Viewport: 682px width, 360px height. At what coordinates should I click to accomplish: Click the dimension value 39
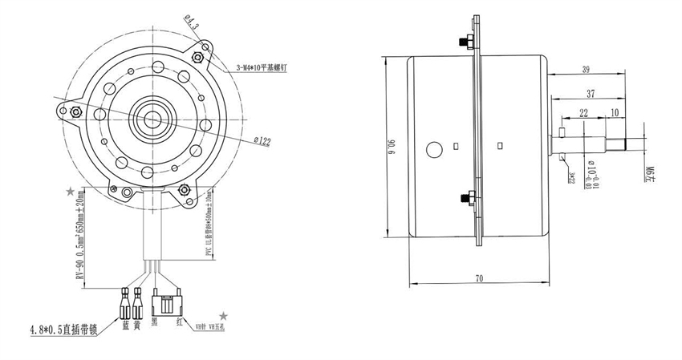click(x=586, y=70)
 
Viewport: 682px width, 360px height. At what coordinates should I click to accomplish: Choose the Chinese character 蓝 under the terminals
click(x=126, y=325)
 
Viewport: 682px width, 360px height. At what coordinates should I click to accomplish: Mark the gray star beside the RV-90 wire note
click(x=71, y=192)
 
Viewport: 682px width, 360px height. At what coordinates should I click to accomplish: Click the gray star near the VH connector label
click(x=224, y=317)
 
